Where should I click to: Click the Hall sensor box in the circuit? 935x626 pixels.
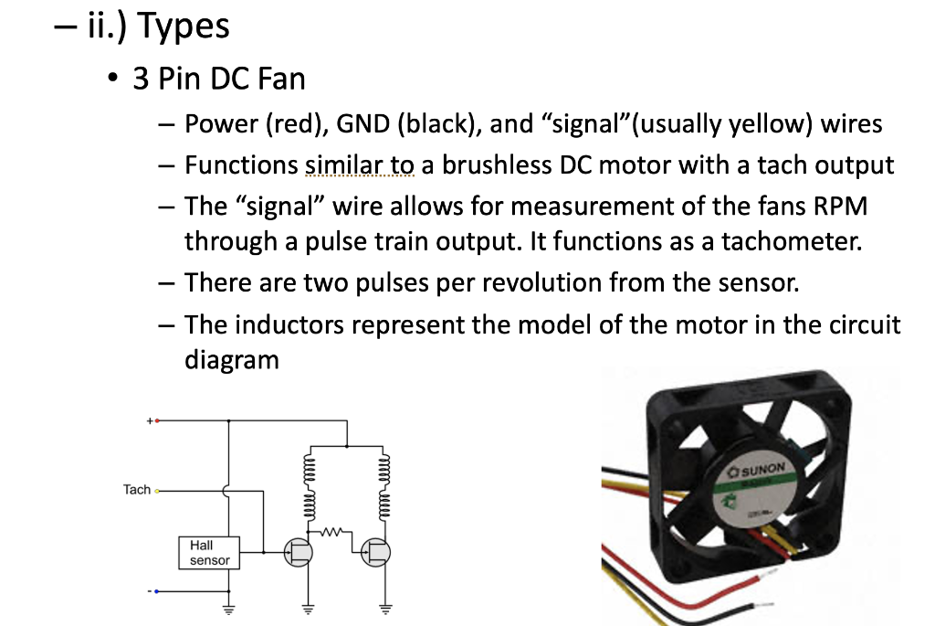(x=209, y=553)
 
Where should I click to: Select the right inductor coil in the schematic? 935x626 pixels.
(x=384, y=480)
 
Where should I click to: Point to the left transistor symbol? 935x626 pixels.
(x=298, y=552)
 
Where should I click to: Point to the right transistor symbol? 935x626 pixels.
(x=375, y=552)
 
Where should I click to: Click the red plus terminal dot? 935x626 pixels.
(x=156, y=421)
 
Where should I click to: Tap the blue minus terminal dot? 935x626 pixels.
(x=156, y=591)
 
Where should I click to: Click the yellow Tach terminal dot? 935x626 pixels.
(x=156, y=491)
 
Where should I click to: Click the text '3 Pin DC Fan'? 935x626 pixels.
(x=219, y=79)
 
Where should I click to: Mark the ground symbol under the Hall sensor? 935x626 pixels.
(x=228, y=610)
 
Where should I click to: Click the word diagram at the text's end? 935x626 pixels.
(x=231, y=359)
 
